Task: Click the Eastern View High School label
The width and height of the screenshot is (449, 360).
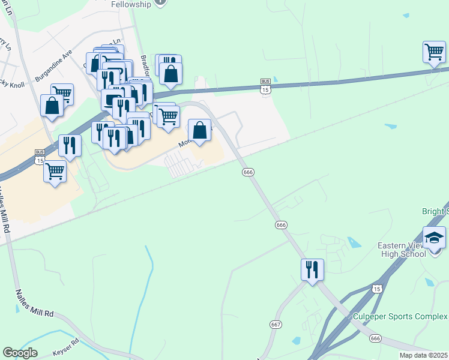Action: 402,249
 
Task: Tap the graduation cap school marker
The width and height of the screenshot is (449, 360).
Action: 434,238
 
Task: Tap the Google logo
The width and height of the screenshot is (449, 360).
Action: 20,353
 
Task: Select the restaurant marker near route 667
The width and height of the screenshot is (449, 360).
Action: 312,269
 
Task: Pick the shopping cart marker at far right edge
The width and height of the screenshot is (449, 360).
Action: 434,52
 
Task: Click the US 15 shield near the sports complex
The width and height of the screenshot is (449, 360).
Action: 377,289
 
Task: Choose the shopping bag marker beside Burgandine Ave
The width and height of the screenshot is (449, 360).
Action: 52,106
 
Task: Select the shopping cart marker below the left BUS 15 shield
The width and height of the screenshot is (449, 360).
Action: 55,172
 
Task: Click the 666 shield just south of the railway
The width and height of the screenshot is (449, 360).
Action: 249,172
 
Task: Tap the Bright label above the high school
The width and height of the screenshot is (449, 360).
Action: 436,212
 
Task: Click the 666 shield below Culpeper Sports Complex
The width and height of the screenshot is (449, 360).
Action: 376,339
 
